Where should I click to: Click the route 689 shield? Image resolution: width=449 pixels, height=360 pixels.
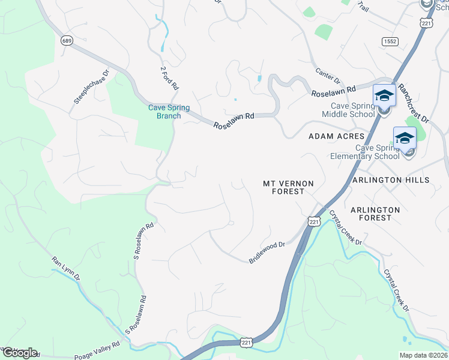pyautogui.click(x=67, y=40)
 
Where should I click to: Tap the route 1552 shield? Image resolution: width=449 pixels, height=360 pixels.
pyautogui.click(x=388, y=40)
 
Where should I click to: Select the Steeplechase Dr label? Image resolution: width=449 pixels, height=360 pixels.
pyautogui.click(x=92, y=87)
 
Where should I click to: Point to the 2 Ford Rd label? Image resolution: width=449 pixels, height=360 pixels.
pyautogui.click(x=169, y=78)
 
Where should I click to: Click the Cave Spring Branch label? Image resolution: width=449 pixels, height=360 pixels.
pyautogui.click(x=169, y=112)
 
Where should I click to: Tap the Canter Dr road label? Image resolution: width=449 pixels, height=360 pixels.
pyautogui.click(x=328, y=76)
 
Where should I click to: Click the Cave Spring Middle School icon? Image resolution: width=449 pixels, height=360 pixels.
pyautogui.click(x=384, y=96)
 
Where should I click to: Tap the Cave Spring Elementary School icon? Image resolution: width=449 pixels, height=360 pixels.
pyautogui.click(x=405, y=139)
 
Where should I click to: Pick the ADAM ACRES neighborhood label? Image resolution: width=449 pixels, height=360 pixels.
pyautogui.click(x=336, y=137)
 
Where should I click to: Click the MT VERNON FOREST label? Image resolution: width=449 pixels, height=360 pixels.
pyautogui.click(x=285, y=187)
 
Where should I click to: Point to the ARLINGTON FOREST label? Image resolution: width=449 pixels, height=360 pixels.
pyautogui.click(x=375, y=214)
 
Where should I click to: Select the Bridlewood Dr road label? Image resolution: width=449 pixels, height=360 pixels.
pyautogui.click(x=267, y=253)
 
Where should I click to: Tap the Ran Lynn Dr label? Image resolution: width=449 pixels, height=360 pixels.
pyautogui.click(x=65, y=268)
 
